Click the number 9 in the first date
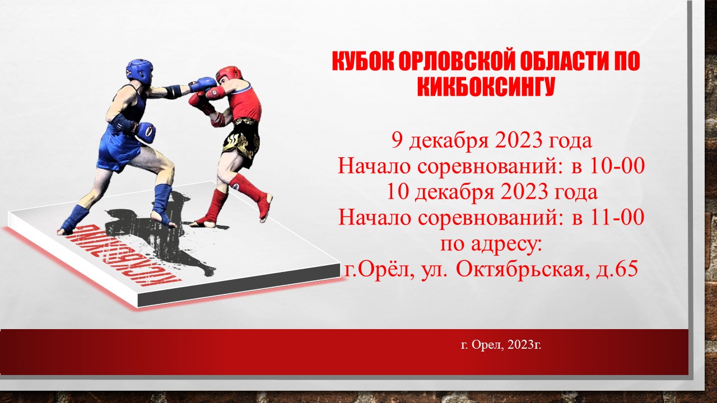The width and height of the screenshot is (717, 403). pyautogui.click(x=397, y=140)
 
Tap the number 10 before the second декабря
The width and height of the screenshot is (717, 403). pyautogui.click(x=398, y=191)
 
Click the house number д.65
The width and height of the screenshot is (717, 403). pyautogui.click(x=617, y=269)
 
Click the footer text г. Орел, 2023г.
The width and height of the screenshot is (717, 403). pyautogui.click(x=501, y=345)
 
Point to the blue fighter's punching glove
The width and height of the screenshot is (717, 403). pyautogui.click(x=202, y=85)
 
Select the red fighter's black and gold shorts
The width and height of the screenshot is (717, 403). pyautogui.click(x=241, y=141)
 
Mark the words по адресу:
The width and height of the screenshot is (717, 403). pyautogui.click(x=491, y=245)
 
